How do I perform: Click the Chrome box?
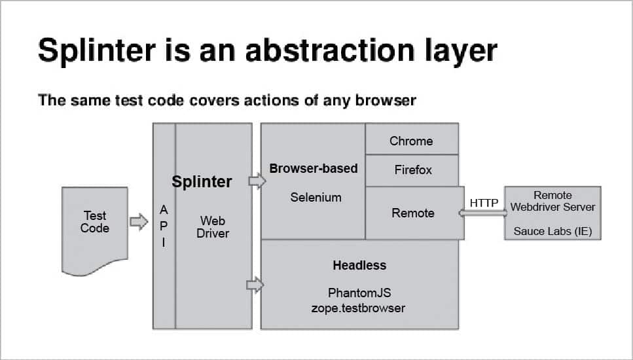click(x=411, y=141)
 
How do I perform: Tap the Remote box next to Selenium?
click(x=413, y=213)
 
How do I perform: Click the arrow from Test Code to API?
click(x=139, y=222)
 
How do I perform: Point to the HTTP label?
click(x=484, y=203)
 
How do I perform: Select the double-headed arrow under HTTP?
click(x=483, y=213)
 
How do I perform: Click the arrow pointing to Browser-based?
click(x=257, y=181)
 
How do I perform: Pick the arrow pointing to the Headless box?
click(x=254, y=285)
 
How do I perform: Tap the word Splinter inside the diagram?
click(x=202, y=182)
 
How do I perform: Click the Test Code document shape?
click(x=95, y=229)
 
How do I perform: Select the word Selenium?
click(x=316, y=197)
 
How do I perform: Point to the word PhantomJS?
click(x=359, y=293)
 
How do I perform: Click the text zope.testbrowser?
click(x=359, y=307)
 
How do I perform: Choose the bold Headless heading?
click(x=359, y=265)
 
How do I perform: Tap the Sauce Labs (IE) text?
click(x=552, y=231)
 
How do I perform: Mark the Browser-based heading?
click(x=314, y=168)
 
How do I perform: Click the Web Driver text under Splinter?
click(x=213, y=226)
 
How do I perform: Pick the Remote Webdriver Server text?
click(x=553, y=201)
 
